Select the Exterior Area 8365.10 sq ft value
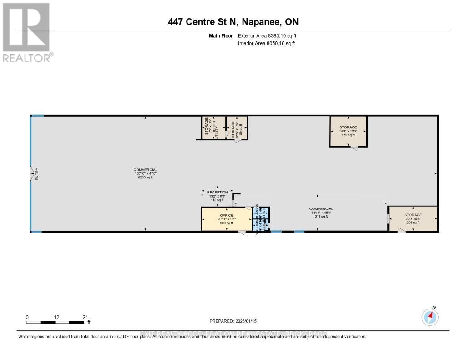coord(267,35)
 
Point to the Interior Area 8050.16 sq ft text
coord(266,43)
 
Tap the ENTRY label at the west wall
coord(37,174)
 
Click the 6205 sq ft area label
coord(145,177)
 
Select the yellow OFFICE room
coord(226,219)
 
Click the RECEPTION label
coord(217,192)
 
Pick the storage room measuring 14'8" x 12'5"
coord(348,131)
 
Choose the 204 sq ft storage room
coord(413,219)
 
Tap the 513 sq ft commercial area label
coord(322,217)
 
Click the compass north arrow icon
coord(430,317)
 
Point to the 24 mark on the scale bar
coord(85,317)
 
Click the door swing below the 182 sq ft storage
coord(354,148)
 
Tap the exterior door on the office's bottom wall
coord(242,233)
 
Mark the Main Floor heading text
coord(221,35)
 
